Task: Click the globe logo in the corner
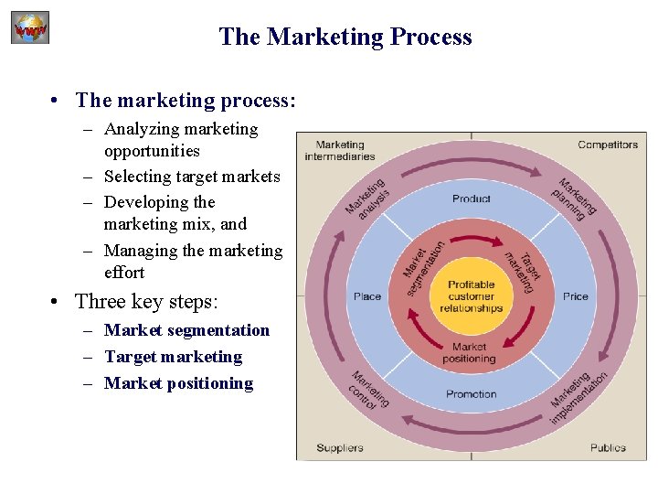tap(29, 27)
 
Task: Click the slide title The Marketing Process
tap(345, 37)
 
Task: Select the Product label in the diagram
tap(471, 199)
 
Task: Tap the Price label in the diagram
tap(576, 296)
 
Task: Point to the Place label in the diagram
tap(367, 296)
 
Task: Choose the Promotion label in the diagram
tap(471, 394)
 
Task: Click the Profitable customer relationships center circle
tap(471, 296)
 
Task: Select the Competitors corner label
tap(608, 145)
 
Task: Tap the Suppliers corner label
tap(340, 447)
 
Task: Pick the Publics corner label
tap(608, 447)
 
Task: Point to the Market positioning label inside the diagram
tap(470, 352)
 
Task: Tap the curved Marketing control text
tap(369, 390)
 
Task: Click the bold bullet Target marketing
tap(173, 357)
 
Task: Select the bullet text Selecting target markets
tap(192, 177)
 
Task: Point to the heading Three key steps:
tap(146, 301)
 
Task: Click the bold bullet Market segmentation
tap(186, 330)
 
